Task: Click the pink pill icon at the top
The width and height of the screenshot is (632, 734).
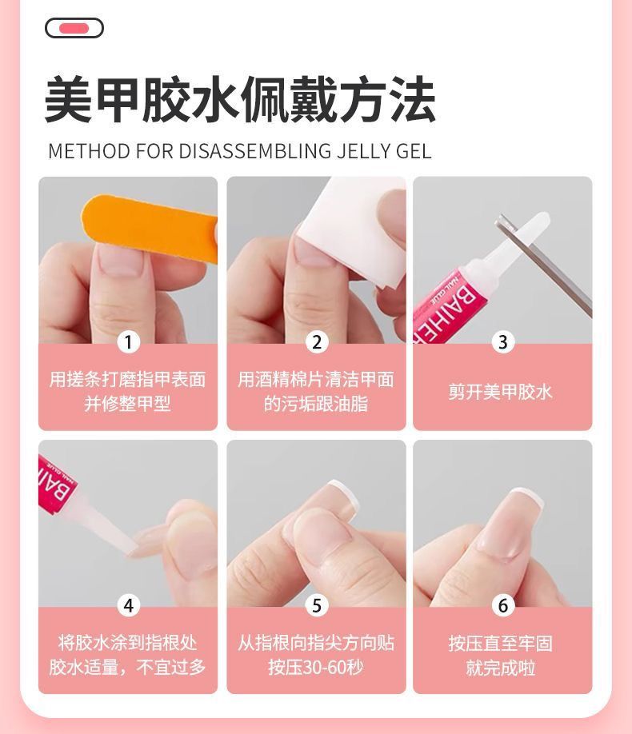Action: point(74,28)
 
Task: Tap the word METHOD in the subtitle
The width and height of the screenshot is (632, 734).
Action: point(89,151)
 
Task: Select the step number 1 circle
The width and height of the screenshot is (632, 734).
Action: point(128,341)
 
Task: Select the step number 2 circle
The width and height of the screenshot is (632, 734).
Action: point(317,341)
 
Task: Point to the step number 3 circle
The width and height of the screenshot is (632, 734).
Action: point(502,341)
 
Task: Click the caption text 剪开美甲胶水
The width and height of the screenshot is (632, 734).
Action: point(501,392)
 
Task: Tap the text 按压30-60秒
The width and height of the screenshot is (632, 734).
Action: point(316,667)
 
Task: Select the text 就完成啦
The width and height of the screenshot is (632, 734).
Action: point(501,668)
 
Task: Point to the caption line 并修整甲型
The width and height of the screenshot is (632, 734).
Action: point(127,404)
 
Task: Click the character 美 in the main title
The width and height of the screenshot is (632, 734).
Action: point(69,100)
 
